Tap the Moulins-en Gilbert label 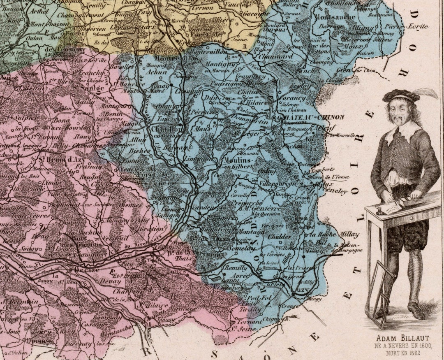238,163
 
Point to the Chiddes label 280,237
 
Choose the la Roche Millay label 327,234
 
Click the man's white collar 403,131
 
